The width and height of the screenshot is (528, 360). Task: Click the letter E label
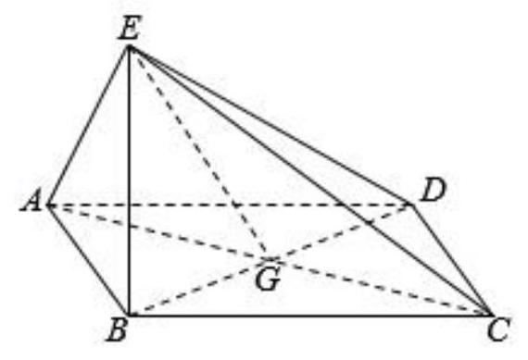point(129,28)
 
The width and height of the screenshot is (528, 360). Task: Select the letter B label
point(118,330)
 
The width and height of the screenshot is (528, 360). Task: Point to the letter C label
point(498,329)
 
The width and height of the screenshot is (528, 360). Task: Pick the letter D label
point(434,191)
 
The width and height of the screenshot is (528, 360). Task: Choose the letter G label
point(268,279)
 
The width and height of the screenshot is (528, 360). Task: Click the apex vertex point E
point(129,47)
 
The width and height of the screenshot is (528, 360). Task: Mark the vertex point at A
point(49,205)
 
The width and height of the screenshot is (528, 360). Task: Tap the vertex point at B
point(129,316)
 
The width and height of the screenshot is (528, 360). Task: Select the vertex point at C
point(490,315)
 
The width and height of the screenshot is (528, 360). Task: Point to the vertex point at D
point(410,205)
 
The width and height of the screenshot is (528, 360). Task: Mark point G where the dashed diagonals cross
point(270,259)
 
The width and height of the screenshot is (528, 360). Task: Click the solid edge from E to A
point(89,126)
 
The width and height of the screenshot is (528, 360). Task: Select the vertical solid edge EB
point(129,181)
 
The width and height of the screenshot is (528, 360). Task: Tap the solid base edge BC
point(309,316)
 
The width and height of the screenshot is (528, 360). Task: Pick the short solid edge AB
point(89,260)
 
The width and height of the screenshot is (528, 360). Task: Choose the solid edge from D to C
point(450,260)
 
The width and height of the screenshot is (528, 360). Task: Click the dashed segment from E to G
point(199,153)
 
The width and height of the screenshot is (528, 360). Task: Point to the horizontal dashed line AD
point(230,205)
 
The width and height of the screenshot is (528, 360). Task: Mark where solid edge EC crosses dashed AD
point(341,205)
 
